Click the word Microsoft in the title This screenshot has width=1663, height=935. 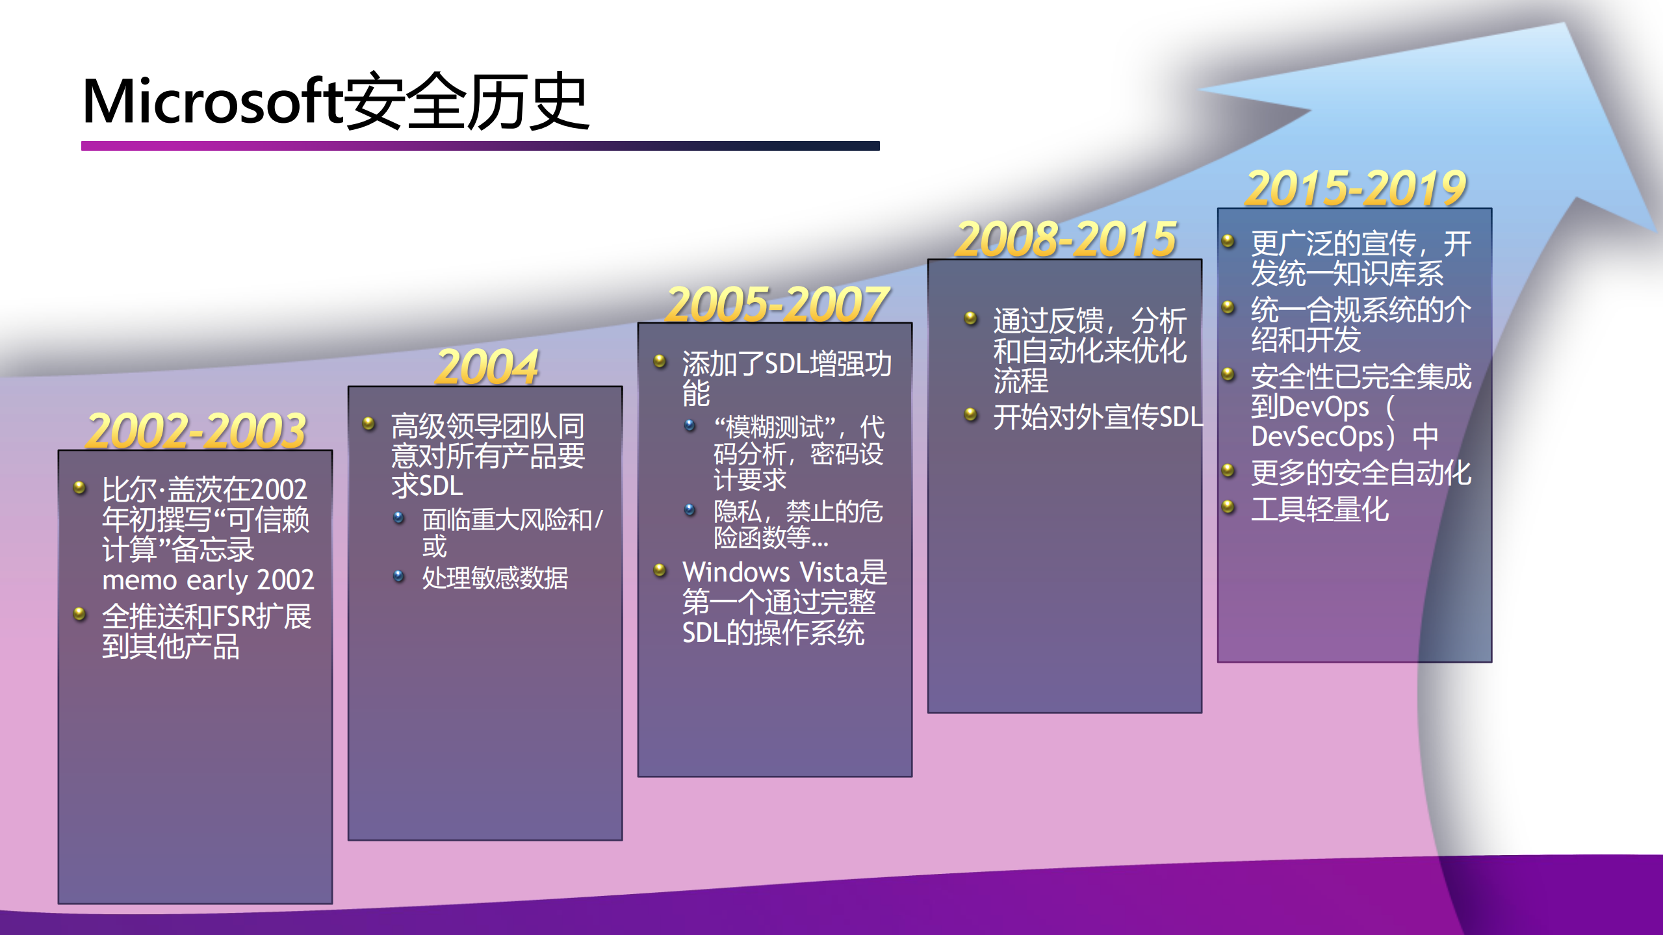[213, 101]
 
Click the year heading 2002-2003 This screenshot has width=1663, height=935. [196, 431]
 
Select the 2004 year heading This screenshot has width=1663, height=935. [487, 367]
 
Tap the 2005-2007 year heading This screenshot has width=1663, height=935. [777, 304]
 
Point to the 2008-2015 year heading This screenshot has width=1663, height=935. [1066, 239]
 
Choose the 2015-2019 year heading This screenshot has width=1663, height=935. [1356, 188]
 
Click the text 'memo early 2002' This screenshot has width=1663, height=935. [208, 580]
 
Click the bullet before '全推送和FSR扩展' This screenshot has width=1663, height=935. [80, 614]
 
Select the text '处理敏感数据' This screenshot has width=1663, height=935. [495, 578]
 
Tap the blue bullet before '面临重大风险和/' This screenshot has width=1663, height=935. [399, 518]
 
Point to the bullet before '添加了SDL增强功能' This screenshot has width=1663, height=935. [660, 361]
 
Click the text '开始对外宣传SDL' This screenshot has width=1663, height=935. [1098, 416]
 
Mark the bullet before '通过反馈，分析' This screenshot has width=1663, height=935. [971, 318]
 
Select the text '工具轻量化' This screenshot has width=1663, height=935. [1320, 509]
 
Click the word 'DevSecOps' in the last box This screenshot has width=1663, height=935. [1317, 437]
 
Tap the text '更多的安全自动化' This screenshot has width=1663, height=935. [1361, 473]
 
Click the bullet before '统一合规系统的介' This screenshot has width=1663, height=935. [1228, 307]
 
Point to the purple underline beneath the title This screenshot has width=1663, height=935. [480, 146]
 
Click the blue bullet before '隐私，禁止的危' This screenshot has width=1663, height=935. [690, 510]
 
